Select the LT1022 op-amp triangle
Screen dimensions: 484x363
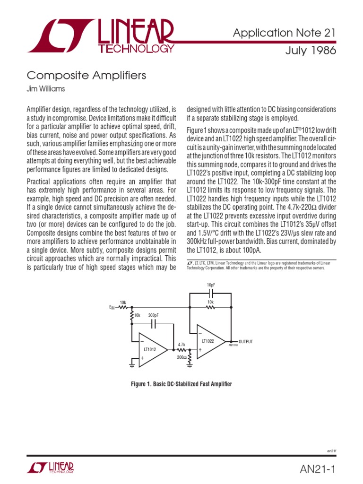(210, 341)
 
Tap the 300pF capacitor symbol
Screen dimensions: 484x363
(154, 324)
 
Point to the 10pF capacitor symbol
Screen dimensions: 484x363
(210, 293)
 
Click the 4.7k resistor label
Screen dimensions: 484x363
(181, 345)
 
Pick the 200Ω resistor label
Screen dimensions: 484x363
(181, 358)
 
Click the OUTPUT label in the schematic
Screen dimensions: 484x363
(246, 341)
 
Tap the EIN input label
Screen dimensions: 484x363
(112, 308)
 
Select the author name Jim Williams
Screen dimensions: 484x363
(46, 88)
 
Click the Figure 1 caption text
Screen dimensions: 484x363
(181, 384)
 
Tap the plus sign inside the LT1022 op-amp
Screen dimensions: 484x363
(200, 350)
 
